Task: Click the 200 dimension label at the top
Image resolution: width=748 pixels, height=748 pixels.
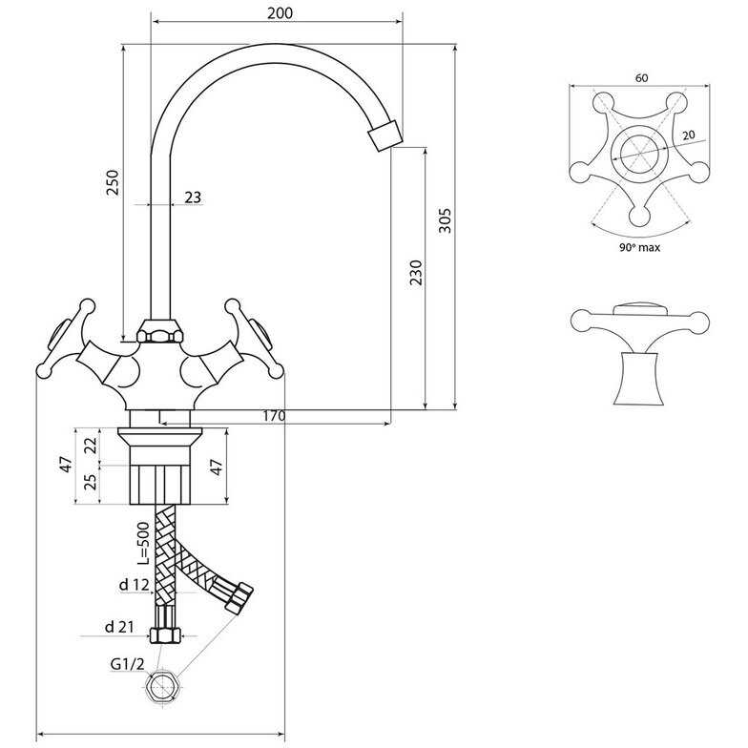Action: pyautogui.click(x=280, y=13)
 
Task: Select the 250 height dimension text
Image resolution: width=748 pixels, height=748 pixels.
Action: pyautogui.click(x=113, y=182)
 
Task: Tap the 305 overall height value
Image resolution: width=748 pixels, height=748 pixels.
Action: pyautogui.click(x=445, y=219)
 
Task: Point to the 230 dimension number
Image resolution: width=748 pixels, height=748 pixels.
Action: pyautogui.click(x=416, y=273)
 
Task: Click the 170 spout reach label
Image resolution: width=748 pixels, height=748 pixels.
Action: pyautogui.click(x=275, y=416)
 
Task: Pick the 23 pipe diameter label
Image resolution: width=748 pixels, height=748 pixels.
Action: pyautogui.click(x=193, y=197)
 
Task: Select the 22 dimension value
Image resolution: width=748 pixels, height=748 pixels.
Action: pyautogui.click(x=92, y=445)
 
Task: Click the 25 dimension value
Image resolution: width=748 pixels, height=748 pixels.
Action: pyautogui.click(x=92, y=481)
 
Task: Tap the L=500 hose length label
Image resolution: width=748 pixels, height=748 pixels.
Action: pyautogui.click(x=143, y=544)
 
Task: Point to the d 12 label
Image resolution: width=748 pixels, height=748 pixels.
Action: pyautogui.click(x=134, y=584)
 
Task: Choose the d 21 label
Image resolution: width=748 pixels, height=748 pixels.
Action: pyautogui.click(x=119, y=627)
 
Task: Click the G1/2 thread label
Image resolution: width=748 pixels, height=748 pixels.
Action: pyautogui.click(x=127, y=664)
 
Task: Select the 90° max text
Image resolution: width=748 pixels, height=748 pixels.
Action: pyautogui.click(x=639, y=247)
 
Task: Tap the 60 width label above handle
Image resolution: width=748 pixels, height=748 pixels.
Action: pyautogui.click(x=641, y=78)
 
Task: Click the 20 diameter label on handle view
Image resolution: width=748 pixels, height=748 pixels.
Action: pyautogui.click(x=689, y=135)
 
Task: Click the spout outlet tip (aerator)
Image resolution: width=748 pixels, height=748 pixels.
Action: pyautogui.click(x=385, y=135)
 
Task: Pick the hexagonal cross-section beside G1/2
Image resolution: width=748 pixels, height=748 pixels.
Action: pyautogui.click(x=162, y=687)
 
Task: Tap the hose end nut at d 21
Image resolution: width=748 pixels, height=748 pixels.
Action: pyautogui.click(x=165, y=635)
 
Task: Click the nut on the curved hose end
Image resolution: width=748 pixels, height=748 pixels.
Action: pyautogui.click(x=239, y=597)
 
